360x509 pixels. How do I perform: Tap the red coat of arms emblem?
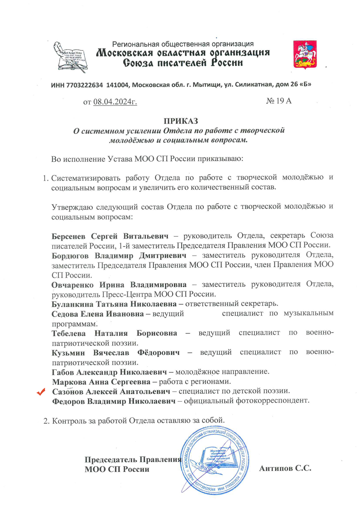pos(305,55)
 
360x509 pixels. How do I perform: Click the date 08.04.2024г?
pos(115,101)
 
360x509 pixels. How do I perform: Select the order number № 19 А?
pos(279,101)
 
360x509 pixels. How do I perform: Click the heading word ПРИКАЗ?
pos(181,121)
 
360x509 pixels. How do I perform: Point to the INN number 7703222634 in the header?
pos(85,84)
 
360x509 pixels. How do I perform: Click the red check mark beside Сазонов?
pos(41,392)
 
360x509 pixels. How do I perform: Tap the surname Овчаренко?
pos(73,284)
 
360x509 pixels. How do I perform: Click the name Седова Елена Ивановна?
pos(98,314)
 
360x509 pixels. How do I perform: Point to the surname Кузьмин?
pos(68,352)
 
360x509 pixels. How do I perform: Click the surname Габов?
pos(63,372)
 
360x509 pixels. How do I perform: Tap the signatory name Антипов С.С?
pos(285,468)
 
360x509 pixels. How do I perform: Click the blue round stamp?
pos(214,459)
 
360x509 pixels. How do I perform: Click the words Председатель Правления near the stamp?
pos(133,459)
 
